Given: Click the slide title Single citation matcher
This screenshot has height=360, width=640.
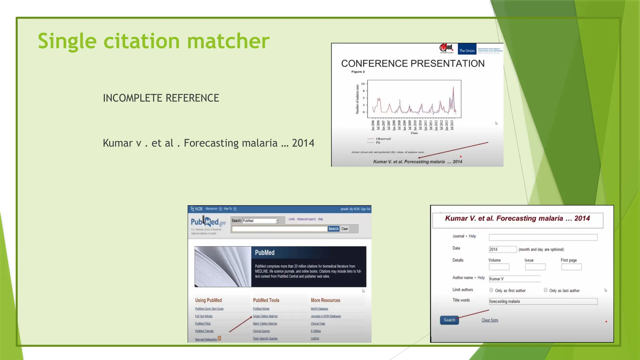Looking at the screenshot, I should point(153,41).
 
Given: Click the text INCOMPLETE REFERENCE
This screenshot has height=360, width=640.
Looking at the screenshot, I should point(161,98).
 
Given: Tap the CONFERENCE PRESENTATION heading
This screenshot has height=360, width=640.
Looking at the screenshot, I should point(412,63).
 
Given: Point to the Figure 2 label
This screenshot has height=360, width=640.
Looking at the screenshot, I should point(358,72).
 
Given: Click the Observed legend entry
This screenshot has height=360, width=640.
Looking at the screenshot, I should point(383,139).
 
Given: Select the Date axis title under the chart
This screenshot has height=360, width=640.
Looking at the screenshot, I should point(414,133).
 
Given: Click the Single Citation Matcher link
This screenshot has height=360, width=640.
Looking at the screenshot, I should point(265,316).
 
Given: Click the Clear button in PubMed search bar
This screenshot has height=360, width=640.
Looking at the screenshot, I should point(345,229).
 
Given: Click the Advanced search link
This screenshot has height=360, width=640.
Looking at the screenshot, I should point(306,219).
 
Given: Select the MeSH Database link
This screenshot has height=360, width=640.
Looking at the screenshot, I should point(319,309).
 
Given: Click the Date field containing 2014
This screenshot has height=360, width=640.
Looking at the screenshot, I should point(502,249).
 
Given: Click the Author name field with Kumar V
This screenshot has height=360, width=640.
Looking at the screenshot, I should point(514,279).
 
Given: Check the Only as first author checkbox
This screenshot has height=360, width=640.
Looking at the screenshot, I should point(491,290).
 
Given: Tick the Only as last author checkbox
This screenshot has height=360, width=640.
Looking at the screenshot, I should point(546,290).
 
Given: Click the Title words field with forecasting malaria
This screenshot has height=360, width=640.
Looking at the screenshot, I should point(543,301).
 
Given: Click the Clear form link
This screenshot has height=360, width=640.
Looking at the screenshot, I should point(490,320).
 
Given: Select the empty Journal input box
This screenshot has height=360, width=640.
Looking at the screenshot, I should point(543,237).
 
